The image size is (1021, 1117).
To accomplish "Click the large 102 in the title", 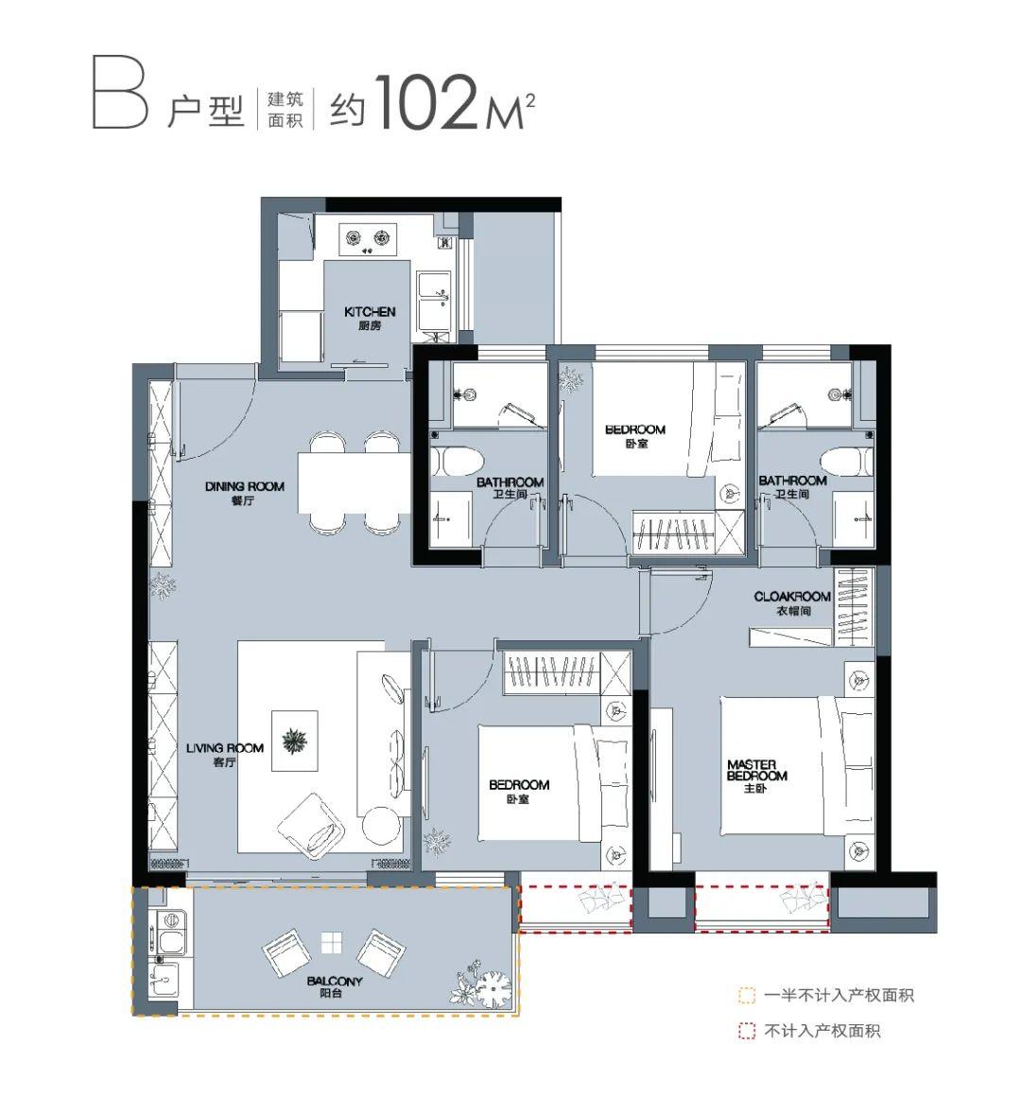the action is [x=425, y=102].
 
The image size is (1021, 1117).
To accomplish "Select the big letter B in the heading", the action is [x=120, y=95].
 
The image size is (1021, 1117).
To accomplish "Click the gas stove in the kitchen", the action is [x=368, y=238].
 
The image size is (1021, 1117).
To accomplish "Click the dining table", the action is [x=355, y=483].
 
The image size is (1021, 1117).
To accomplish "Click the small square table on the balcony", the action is [x=331, y=942].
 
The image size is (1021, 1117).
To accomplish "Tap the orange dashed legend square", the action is [x=746, y=995].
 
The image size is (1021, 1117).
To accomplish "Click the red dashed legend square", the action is [x=746, y=1031].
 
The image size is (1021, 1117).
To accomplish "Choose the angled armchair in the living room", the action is [x=311, y=828].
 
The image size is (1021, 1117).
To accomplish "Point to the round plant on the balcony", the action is [x=493, y=988].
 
